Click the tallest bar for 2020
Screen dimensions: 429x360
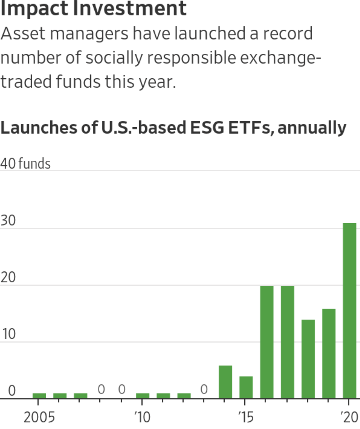coord(349,310)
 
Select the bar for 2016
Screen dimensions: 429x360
coord(267,342)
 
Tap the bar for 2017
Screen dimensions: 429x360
coord(287,342)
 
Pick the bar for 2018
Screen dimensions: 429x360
coord(308,359)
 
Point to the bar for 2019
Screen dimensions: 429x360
coord(329,354)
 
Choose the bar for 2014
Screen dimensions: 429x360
coord(225,382)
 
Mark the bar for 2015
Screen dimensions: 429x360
coord(246,387)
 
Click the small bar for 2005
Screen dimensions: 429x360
coord(39,396)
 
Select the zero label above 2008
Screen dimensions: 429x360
coord(101,389)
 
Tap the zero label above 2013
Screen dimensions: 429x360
coord(204,389)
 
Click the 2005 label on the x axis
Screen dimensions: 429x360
coord(39,417)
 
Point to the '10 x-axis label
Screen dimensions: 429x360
coord(142,417)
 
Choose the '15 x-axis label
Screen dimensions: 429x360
coord(246,417)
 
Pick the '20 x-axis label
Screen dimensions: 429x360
coord(350,417)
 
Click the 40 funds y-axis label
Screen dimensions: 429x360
coord(25,164)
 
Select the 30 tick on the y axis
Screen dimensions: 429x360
coord(8,221)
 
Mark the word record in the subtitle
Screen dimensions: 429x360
coord(288,33)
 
